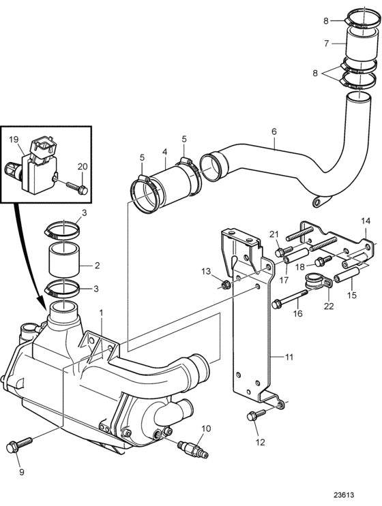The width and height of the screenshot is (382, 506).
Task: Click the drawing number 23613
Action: tap(344, 494)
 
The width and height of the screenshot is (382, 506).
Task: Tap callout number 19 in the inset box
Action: tap(14, 140)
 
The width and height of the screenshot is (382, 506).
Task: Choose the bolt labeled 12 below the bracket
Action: tap(256, 415)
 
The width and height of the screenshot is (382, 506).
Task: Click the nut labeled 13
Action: tap(225, 284)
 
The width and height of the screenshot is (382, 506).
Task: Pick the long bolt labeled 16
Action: tap(290, 299)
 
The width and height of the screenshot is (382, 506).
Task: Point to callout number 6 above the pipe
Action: tap(274, 131)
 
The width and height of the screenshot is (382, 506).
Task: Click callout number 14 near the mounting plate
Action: tap(366, 221)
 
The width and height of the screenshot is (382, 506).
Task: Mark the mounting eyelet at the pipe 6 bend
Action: tap(321, 202)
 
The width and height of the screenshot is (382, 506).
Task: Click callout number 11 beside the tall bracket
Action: tap(289, 357)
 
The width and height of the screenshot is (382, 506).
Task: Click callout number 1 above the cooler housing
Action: tap(101, 313)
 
